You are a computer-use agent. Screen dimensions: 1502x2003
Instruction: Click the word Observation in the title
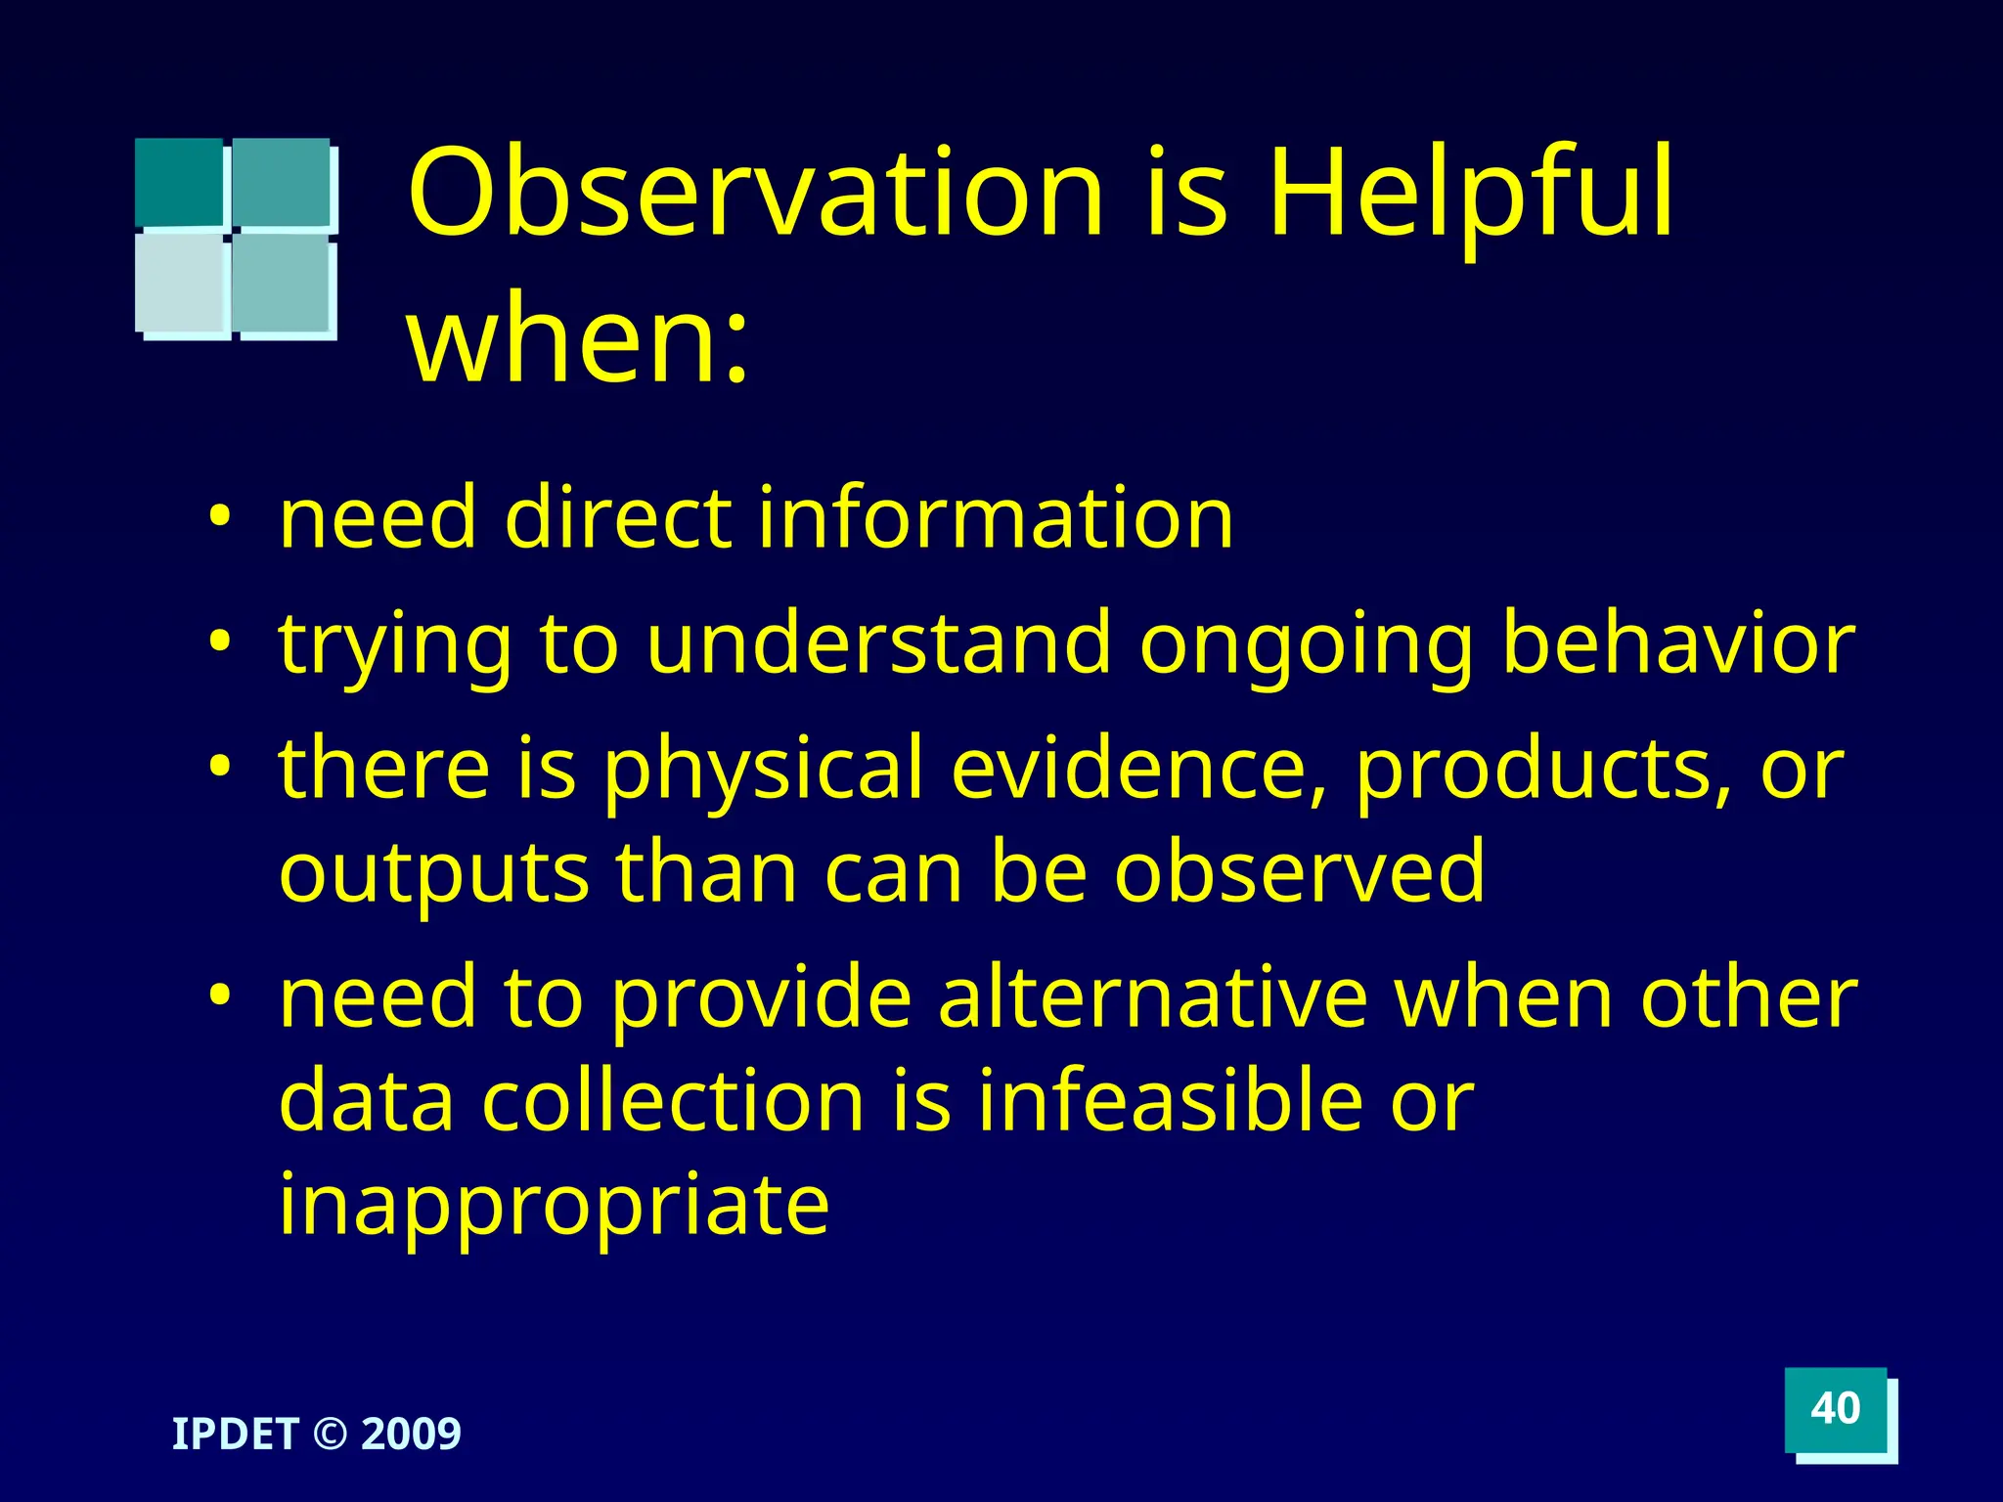point(755,193)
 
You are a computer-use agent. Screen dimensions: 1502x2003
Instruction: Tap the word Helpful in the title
point(1470,193)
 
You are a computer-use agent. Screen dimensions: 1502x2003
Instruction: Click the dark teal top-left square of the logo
point(179,182)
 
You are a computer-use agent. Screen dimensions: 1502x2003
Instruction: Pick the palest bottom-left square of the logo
point(181,283)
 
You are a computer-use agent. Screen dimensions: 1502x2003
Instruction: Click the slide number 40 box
point(1835,1409)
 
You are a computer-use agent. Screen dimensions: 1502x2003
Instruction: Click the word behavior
point(1676,643)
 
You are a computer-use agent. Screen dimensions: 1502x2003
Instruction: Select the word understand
point(878,643)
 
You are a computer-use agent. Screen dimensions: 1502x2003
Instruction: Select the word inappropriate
point(554,1205)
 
